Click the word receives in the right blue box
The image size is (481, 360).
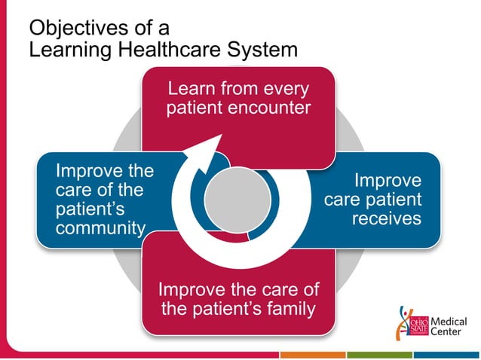click(x=386, y=218)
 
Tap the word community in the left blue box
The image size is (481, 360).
click(x=100, y=227)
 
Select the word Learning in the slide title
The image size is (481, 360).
click(x=66, y=50)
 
